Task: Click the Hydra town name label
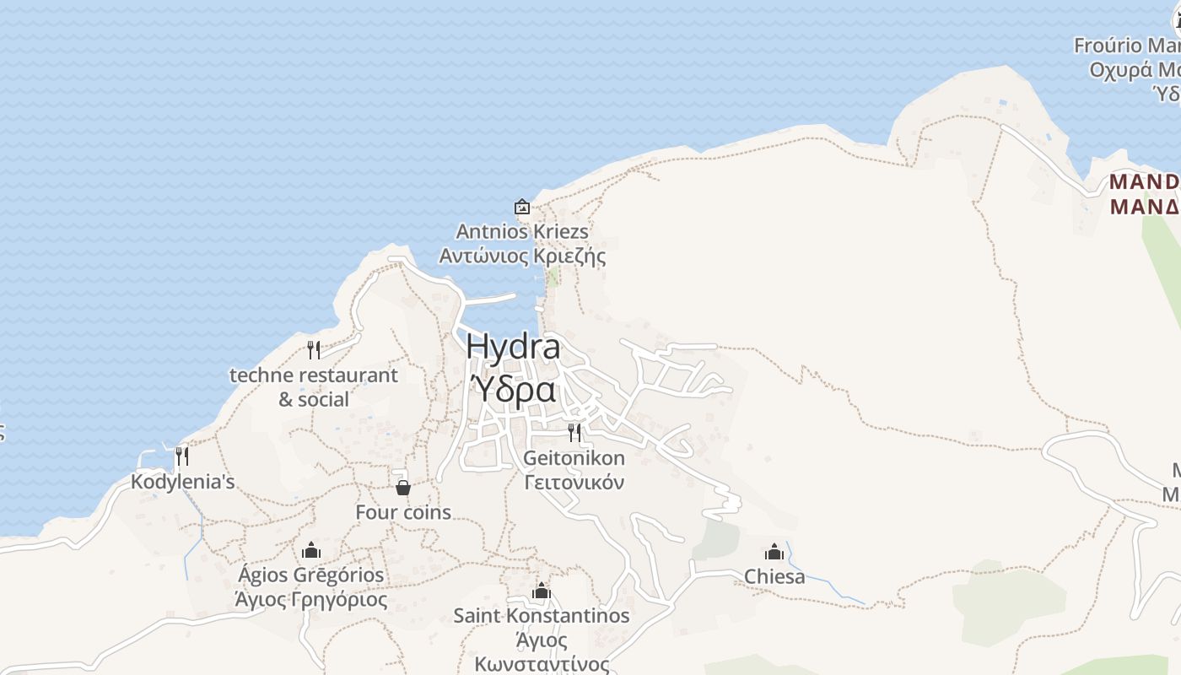click(513, 347)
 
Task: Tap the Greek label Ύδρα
click(513, 390)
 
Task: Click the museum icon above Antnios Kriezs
click(522, 207)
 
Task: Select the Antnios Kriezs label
click(522, 231)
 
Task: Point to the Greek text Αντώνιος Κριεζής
click(522, 256)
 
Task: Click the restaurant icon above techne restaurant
click(314, 349)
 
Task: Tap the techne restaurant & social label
click(314, 386)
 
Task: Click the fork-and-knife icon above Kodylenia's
click(181, 456)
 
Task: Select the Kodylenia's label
click(182, 482)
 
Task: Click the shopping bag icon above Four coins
click(403, 488)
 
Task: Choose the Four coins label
click(403, 512)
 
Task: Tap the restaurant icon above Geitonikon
click(574, 433)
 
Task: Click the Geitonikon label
click(574, 458)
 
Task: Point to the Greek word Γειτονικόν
click(574, 483)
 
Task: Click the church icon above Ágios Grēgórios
click(311, 551)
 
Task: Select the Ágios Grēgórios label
click(311, 575)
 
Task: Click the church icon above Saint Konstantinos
click(542, 591)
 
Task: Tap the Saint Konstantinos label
click(542, 616)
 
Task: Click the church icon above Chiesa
click(774, 553)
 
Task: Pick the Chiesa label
click(774, 577)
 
